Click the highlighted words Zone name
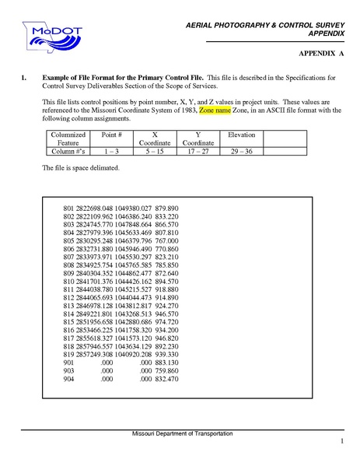pyautogui.click(x=215, y=111)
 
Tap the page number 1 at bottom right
pyautogui.click(x=341, y=442)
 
